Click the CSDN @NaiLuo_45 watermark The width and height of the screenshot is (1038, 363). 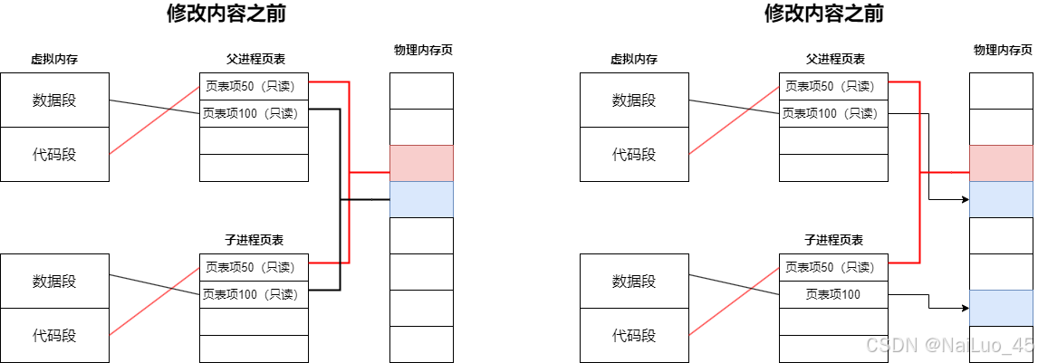click(949, 345)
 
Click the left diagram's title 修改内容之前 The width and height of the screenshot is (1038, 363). click(219, 14)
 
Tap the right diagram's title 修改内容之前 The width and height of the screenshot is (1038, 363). click(823, 14)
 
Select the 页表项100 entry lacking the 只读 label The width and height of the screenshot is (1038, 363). click(833, 294)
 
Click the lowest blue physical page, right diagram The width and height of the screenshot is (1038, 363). click(1001, 308)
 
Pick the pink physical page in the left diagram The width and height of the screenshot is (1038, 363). click(421, 163)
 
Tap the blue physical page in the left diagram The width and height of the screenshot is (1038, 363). click(421, 199)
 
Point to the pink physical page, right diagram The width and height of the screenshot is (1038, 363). click(1001, 163)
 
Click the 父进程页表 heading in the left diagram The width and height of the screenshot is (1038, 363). click(255, 59)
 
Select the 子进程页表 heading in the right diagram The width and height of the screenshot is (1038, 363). click(833, 240)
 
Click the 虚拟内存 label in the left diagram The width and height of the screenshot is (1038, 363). click(53, 59)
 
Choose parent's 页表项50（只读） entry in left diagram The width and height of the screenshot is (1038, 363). click(254, 86)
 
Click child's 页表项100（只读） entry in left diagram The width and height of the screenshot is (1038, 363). click(254, 294)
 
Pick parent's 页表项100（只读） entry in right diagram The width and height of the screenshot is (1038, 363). click(833, 113)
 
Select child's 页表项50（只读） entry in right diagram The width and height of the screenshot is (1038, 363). click(833, 267)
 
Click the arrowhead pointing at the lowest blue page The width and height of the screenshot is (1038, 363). click(965, 308)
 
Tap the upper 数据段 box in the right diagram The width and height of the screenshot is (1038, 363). click(634, 100)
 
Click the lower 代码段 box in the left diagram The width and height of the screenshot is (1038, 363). click(54, 335)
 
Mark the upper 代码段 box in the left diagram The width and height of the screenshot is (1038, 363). click(54, 154)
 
